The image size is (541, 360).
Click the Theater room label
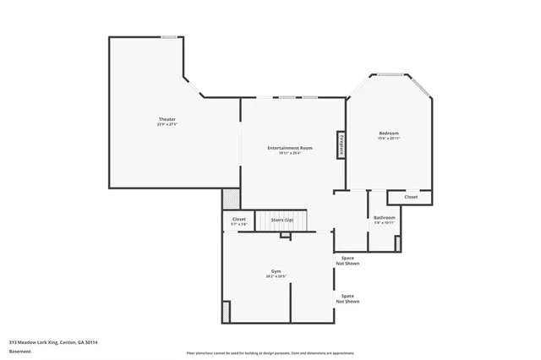tap(167, 119)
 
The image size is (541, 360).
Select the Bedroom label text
tap(389, 134)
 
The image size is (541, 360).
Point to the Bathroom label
tap(385, 218)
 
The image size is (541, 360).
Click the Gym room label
tap(276, 270)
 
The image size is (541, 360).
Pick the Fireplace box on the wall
tap(342, 145)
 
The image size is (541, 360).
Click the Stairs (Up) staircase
tap(282, 220)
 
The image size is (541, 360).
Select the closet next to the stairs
tap(239, 221)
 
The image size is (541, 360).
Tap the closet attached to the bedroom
tap(411, 197)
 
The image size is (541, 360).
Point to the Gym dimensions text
tap(276, 276)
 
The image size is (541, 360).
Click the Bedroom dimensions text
tap(389, 139)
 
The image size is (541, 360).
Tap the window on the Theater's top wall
tap(169, 36)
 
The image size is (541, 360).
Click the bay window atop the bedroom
tap(390, 75)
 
